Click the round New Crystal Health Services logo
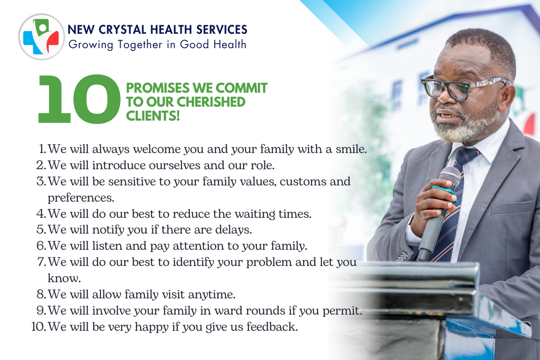(x=42, y=36)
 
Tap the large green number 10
(x=79, y=99)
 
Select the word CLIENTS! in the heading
(x=153, y=116)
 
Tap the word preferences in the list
(x=81, y=198)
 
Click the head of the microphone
(x=450, y=177)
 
